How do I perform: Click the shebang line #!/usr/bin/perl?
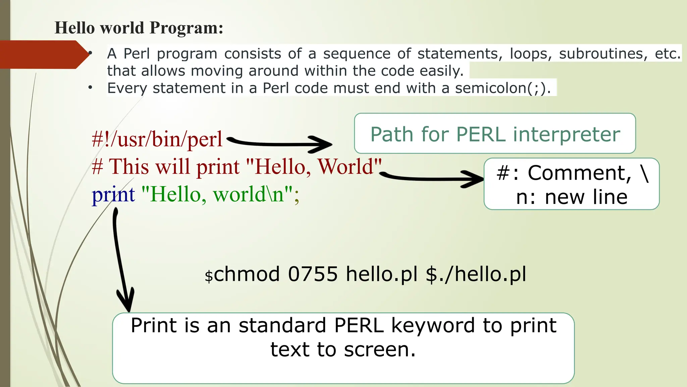pos(157,139)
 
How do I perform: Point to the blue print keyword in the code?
pos(113,195)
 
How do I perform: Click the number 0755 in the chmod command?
pos(313,274)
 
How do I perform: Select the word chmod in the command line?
pos(247,274)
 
